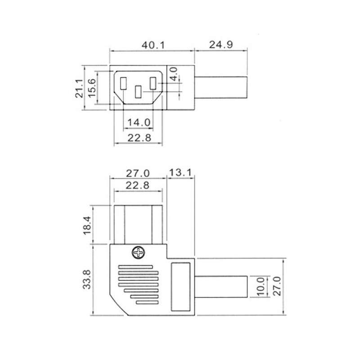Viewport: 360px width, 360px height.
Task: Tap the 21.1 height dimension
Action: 79,88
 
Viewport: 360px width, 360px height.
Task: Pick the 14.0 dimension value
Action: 138,121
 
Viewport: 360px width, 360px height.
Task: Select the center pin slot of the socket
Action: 138,92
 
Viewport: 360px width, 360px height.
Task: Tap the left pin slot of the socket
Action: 123,84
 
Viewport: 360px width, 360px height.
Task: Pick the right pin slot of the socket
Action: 153,84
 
